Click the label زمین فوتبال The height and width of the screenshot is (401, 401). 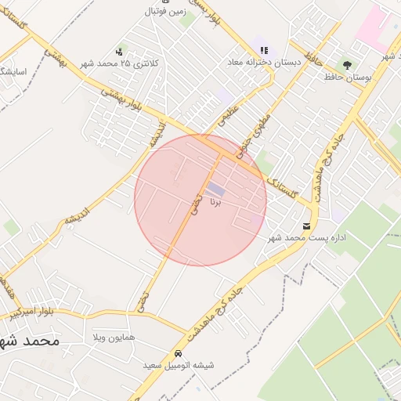[x=164, y=12]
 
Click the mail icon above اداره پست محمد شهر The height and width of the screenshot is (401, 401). [x=306, y=226]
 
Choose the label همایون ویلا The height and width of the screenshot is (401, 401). [x=114, y=337]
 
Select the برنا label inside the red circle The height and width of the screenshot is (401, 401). [x=216, y=202]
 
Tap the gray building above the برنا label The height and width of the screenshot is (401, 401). [x=215, y=190]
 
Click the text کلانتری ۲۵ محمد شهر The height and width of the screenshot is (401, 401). [x=130, y=63]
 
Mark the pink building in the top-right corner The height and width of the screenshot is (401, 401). [x=372, y=27]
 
